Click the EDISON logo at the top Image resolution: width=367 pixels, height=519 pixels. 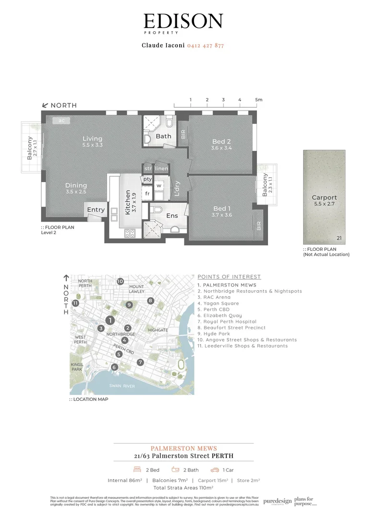coord(183,22)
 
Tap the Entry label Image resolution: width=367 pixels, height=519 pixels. coord(96,210)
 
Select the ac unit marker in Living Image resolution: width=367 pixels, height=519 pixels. coord(61,121)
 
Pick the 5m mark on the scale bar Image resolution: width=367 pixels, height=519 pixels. coord(259,99)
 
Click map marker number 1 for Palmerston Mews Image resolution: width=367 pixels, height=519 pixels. coord(110,321)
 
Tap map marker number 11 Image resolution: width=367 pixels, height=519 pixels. coord(75,303)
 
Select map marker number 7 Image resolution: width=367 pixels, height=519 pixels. coord(140,362)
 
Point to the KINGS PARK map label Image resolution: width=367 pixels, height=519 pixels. coord(77,367)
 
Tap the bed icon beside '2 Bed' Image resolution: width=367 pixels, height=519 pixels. coord(135,470)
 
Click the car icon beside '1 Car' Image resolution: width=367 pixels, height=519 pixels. coord(215,470)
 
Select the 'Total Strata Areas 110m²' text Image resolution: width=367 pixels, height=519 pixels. coord(183,488)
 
